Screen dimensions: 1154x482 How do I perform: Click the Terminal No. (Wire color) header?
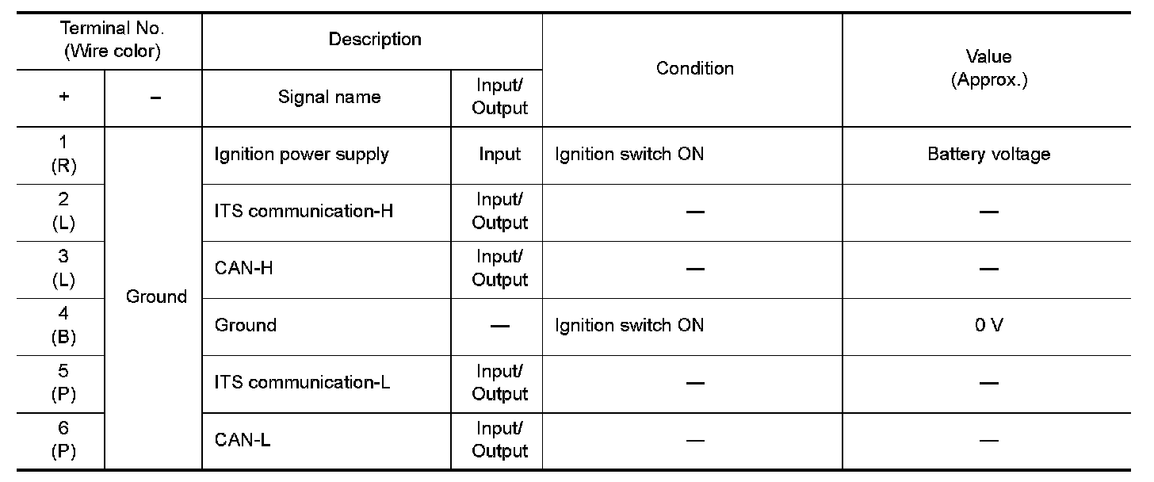tap(111, 40)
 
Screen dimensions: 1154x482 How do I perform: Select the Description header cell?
tap(375, 39)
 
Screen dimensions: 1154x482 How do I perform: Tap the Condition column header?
tap(694, 68)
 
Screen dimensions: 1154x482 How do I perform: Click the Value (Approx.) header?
tap(989, 68)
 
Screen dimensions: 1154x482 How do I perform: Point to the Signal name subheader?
tap(329, 98)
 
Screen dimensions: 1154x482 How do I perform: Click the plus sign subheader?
tap(63, 98)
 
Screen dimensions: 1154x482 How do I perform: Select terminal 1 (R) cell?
tap(63, 154)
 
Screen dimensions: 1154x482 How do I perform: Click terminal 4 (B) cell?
tap(63, 325)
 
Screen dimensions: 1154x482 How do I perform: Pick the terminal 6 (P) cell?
tap(63, 439)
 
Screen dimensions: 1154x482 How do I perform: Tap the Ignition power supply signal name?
tap(301, 154)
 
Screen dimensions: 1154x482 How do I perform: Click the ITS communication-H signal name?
tap(304, 211)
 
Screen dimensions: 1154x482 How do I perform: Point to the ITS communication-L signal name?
tap(303, 382)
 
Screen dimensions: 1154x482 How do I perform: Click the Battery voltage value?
tap(988, 154)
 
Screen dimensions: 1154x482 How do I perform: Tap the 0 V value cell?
tap(988, 325)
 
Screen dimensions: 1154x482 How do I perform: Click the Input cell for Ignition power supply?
tap(499, 154)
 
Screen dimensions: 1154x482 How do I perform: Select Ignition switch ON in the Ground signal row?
tap(629, 325)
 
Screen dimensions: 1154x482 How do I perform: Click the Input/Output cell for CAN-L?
tap(499, 439)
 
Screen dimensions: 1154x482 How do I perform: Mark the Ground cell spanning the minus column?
tap(156, 296)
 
